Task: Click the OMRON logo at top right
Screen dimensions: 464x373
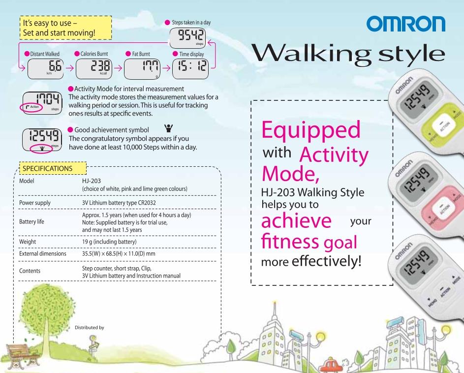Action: tap(406, 24)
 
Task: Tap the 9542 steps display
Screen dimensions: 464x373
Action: tap(187, 38)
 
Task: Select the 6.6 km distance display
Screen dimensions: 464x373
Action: tap(45, 69)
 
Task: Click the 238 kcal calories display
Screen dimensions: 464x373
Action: tap(94, 69)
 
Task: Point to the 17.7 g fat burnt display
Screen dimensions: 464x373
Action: tap(142, 69)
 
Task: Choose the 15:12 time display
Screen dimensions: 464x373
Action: tap(190, 69)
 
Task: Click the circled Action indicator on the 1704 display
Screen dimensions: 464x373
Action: tap(31, 107)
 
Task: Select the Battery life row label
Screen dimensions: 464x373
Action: tap(31, 222)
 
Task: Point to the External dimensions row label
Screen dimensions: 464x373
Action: tap(43, 254)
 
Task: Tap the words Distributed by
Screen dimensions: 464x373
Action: tap(90, 327)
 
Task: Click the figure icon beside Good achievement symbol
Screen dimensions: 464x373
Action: tap(168, 128)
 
